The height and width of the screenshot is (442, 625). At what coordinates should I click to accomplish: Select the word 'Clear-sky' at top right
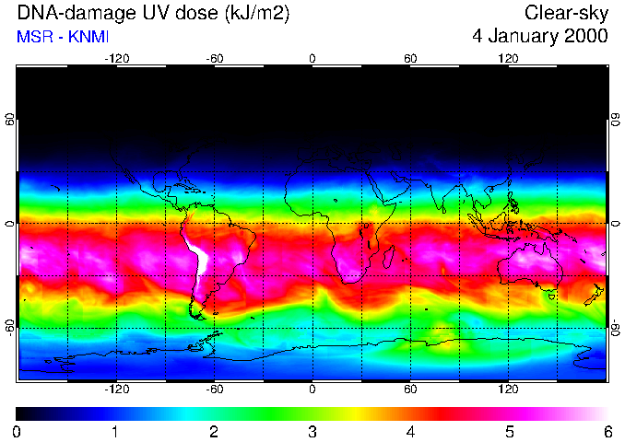(x=566, y=13)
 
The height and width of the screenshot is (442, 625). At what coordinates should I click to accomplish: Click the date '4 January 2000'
(x=539, y=37)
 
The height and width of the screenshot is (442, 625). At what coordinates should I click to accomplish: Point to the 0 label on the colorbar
(x=18, y=431)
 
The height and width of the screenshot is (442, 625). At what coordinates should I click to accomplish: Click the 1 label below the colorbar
(x=115, y=431)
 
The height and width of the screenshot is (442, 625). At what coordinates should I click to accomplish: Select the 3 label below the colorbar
(x=312, y=431)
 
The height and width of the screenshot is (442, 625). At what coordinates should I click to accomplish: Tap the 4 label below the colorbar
(x=410, y=431)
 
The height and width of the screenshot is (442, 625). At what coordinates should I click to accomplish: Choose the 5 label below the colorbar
(x=508, y=431)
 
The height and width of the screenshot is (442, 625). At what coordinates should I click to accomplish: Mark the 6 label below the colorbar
(x=607, y=431)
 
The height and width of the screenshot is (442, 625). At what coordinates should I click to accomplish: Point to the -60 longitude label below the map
(x=214, y=390)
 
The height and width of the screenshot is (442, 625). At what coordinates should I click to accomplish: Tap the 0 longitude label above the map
(x=312, y=58)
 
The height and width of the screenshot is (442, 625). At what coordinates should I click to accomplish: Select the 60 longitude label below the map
(x=410, y=390)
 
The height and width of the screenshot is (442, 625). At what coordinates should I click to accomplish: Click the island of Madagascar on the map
(x=390, y=255)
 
